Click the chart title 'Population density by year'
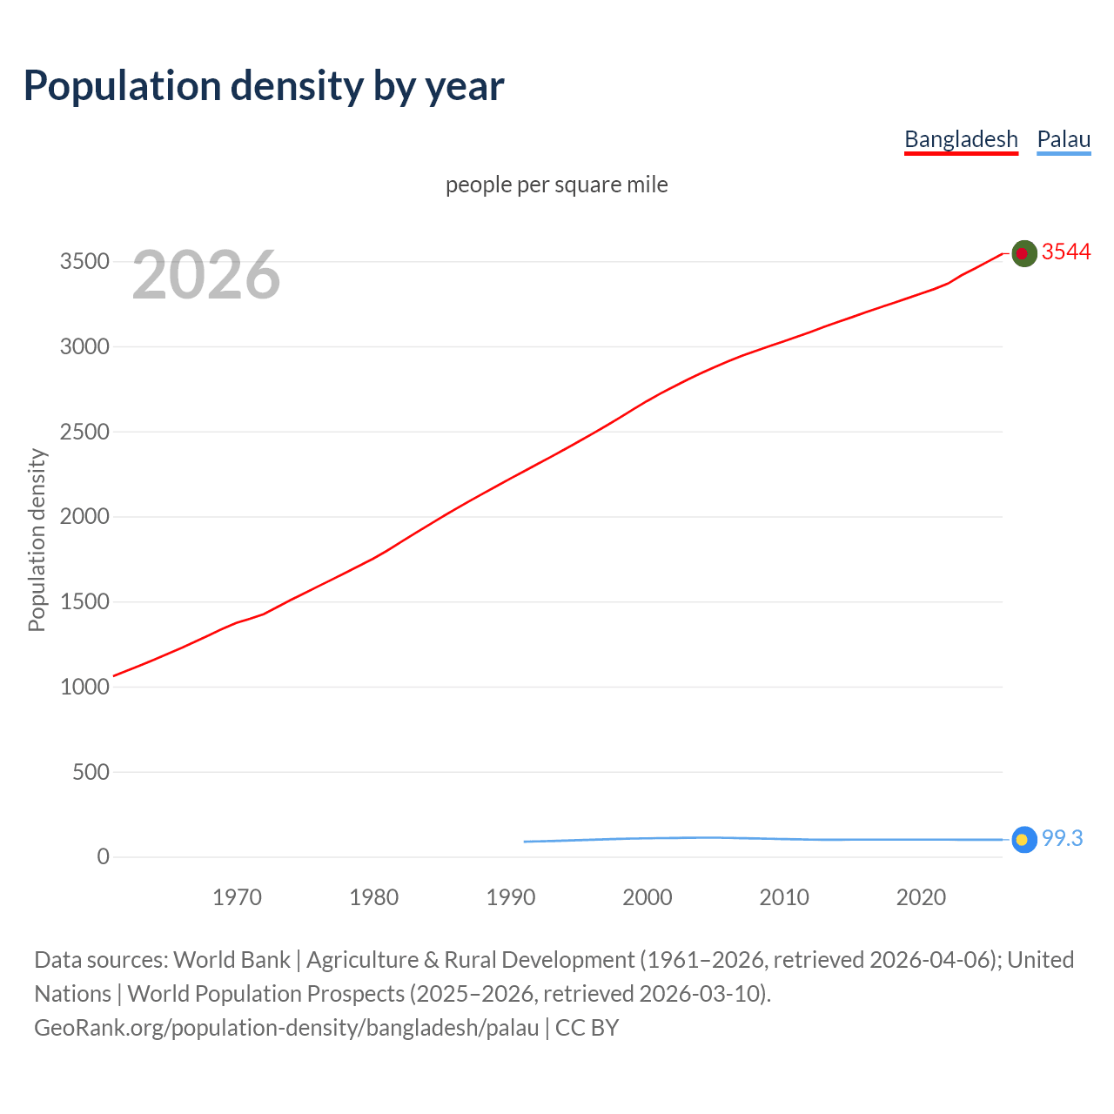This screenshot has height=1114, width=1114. [264, 86]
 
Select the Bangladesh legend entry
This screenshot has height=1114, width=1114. [961, 139]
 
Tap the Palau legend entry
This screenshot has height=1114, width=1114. [1064, 139]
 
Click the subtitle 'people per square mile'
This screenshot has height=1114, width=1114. [556, 185]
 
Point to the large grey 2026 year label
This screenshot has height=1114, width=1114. [206, 275]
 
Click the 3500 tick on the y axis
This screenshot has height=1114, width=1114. [84, 262]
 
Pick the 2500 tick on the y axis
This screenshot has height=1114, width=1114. [84, 433]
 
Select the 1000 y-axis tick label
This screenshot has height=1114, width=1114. [84, 688]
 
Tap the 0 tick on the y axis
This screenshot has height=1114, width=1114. [103, 857]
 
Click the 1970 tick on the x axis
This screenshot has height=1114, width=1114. [237, 897]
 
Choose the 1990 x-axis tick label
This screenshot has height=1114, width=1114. [511, 897]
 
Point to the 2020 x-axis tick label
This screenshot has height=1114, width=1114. [921, 897]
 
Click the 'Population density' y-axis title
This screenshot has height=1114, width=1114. [37, 540]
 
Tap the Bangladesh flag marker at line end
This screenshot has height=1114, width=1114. [1023, 253]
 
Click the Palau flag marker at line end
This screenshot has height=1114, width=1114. [1023, 839]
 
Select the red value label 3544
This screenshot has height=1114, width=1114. [1065, 252]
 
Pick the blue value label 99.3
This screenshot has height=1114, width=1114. [1062, 838]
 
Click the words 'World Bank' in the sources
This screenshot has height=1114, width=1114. [232, 960]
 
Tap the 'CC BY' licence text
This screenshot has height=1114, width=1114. [587, 1028]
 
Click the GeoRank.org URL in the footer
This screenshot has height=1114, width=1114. [286, 1028]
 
